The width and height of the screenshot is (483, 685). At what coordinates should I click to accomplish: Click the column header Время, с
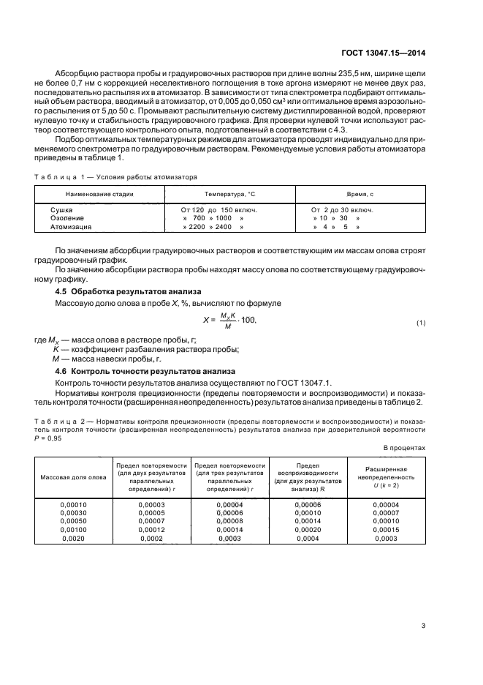click(360, 193)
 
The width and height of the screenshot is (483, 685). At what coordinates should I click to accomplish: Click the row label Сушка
click(61, 209)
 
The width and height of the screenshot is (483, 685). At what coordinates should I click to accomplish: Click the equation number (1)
click(420, 323)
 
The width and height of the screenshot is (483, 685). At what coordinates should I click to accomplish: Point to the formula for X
click(229, 321)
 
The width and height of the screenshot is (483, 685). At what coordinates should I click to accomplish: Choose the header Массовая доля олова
click(72, 478)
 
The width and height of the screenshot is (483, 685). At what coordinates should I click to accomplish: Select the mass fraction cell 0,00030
click(72, 512)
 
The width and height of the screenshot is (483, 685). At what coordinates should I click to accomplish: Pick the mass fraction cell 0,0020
click(72, 539)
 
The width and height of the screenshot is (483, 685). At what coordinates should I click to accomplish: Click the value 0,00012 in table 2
click(151, 530)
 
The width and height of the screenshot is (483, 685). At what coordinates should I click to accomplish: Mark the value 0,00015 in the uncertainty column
click(387, 530)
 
